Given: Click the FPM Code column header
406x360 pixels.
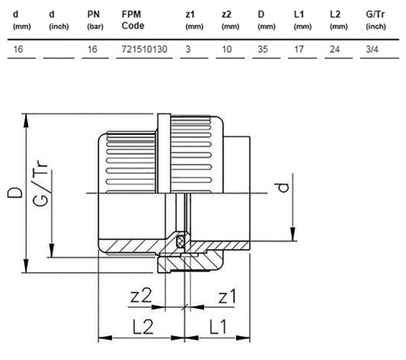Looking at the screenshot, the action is [132, 20].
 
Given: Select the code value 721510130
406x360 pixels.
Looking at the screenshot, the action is [145, 50].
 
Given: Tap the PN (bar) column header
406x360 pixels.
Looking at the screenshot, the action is [95, 20].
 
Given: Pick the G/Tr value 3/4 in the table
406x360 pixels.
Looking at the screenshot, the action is [372, 50].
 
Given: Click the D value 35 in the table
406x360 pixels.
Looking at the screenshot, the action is [262, 50].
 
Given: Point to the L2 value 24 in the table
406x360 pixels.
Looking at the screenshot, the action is [335, 50].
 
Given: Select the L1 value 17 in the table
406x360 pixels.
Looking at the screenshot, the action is [299, 50].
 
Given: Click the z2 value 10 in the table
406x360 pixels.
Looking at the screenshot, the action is [227, 50].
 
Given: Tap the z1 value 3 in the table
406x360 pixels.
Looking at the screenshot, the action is [188, 50].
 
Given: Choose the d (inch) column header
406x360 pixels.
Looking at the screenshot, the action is [58, 20].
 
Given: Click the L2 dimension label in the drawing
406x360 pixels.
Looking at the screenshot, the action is [143, 327].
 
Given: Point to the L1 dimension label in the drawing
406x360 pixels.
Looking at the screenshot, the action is [218, 327].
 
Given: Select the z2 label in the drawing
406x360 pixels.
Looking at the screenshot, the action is [140, 296].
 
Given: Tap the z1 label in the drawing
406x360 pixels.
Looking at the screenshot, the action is [227, 297].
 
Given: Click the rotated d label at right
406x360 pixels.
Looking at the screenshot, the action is [283, 188].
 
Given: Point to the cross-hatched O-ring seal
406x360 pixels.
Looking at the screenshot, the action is [180, 241].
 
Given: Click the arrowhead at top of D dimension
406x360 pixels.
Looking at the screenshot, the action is [26, 120].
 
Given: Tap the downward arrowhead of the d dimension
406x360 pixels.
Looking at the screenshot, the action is [292, 234].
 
